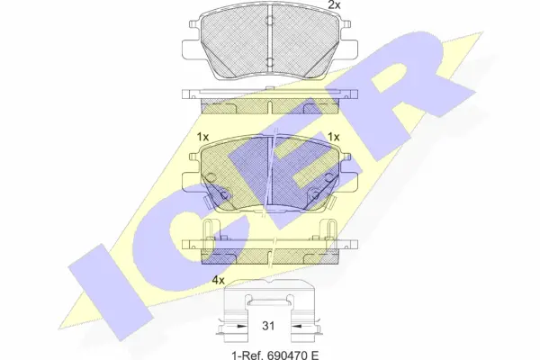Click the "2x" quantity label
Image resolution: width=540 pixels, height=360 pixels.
[334, 5]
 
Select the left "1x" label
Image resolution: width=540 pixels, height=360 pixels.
[202, 137]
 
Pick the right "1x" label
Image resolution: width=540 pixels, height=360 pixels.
[333, 137]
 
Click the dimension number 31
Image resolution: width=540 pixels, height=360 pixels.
[269, 327]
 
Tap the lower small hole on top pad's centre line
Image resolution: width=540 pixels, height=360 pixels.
[270, 61]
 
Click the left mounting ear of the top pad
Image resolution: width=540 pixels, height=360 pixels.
[191, 47]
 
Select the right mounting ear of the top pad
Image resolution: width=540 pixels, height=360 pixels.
[349, 47]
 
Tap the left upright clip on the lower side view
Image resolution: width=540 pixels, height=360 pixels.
[208, 232]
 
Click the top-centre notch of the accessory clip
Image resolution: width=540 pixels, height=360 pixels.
[269, 296]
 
